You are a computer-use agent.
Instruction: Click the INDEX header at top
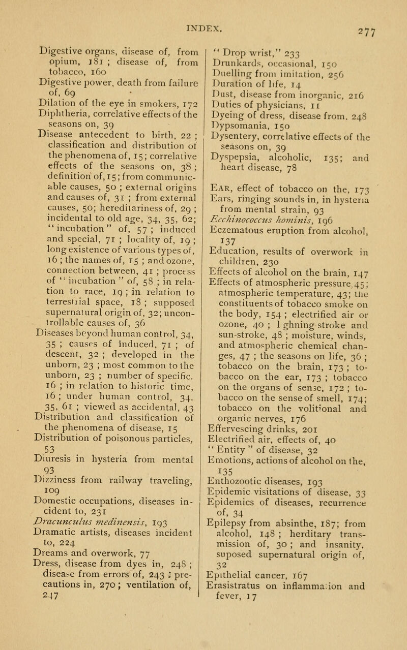click(x=203, y=8)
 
